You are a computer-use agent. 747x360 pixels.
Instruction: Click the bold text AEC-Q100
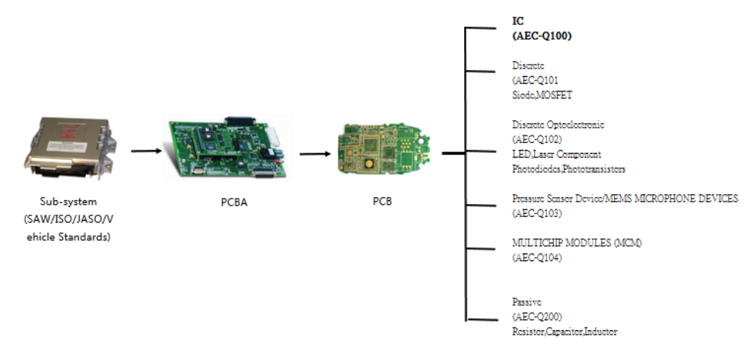542,35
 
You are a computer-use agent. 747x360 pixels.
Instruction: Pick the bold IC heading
518,21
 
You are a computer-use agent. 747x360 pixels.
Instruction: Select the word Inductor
601,331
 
